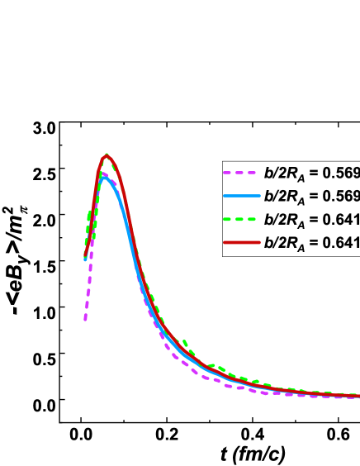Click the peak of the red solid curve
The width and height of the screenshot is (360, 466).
(107, 155)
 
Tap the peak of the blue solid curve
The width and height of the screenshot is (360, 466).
(103, 175)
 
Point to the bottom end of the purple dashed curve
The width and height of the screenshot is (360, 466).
(85, 321)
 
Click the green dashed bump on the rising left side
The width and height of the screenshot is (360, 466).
(89, 213)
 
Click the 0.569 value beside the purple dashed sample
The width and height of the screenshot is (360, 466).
(342, 174)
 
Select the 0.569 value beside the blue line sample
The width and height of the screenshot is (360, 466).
(342, 197)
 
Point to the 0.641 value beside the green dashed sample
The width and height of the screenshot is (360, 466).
(342, 220)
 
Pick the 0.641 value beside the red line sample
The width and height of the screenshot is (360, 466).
(342, 243)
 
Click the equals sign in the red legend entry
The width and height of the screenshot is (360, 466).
(315, 243)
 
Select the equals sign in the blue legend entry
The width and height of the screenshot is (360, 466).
(315, 197)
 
